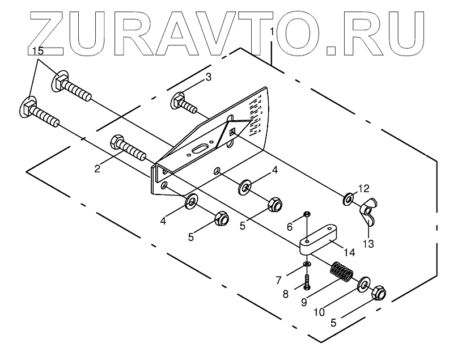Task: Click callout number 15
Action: [37, 51]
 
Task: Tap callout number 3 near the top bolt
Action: [208, 77]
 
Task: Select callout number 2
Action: [98, 168]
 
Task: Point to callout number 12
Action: [363, 188]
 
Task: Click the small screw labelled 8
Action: [307, 281]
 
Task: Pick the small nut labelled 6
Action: [306, 214]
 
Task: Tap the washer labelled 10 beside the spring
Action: [362, 282]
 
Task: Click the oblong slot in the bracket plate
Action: [201, 149]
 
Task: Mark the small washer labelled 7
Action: [306, 264]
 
